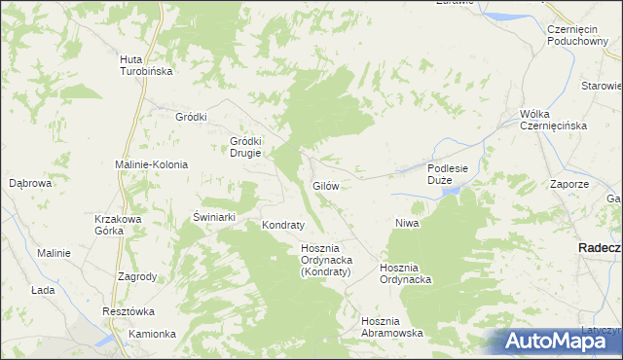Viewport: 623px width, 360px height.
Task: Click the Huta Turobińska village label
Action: click(x=145, y=65)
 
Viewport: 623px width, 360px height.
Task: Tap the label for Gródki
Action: click(x=191, y=117)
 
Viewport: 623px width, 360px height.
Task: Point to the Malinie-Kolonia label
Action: click(x=152, y=164)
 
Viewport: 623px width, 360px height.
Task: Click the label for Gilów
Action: click(x=325, y=185)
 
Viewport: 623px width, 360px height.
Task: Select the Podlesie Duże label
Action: click(x=448, y=174)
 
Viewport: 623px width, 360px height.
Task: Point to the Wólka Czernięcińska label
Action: click(x=551, y=121)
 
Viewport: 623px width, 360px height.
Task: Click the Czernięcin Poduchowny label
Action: click(x=577, y=35)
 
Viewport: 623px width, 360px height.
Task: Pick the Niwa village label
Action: click(x=406, y=224)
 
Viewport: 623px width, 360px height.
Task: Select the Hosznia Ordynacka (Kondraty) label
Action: click(x=326, y=260)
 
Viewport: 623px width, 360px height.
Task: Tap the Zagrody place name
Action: click(x=137, y=276)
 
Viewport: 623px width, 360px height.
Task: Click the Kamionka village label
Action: click(x=152, y=334)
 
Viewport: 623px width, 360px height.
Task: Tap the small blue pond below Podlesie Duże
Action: click(x=451, y=192)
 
